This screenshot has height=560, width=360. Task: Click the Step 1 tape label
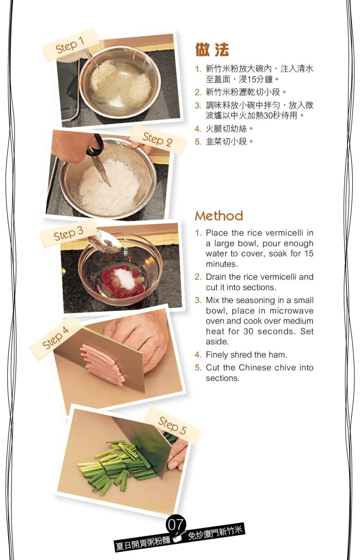pyautogui.click(x=71, y=45)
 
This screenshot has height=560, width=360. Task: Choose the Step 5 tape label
pyautogui.click(x=173, y=425)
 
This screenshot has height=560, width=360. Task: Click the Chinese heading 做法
pyautogui.click(x=212, y=50)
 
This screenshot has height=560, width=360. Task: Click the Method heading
pyautogui.click(x=219, y=216)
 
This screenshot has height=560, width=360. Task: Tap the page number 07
pyautogui.click(x=176, y=525)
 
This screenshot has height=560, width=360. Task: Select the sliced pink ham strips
pyautogui.click(x=103, y=364)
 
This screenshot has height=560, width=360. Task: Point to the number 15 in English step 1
pyautogui.click(x=309, y=253)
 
